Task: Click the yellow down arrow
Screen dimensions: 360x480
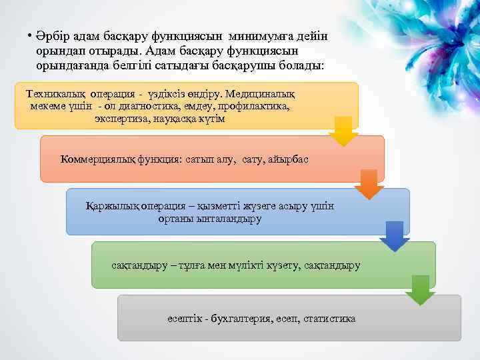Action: (x=344, y=131)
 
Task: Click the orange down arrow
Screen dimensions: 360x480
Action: (x=369, y=184)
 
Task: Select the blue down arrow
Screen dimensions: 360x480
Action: (x=395, y=236)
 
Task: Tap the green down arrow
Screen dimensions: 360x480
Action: (x=420, y=289)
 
